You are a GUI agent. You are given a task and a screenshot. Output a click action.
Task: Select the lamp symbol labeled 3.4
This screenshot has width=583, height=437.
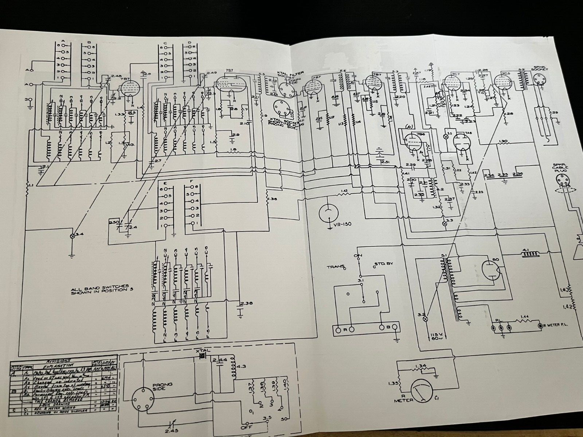73,236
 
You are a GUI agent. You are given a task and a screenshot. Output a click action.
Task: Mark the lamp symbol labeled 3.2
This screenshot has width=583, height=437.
424,319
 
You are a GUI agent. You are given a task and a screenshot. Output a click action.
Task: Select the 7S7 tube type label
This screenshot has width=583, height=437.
230,70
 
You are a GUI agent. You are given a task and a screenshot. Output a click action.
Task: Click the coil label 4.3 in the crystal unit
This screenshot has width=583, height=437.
241,367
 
